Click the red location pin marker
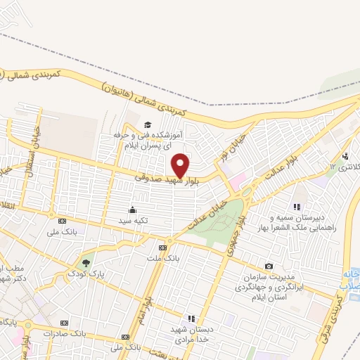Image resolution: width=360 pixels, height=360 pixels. click(181, 165)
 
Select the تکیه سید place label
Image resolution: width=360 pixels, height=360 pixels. click(132, 220)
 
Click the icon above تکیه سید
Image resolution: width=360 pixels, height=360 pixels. click(132, 210)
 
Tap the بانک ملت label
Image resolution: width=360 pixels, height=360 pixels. click(163, 258)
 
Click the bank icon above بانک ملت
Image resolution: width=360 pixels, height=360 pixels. click(163, 247)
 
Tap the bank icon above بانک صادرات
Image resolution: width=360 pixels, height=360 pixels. click(64, 323)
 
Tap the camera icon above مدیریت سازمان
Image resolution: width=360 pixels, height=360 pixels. click(269, 266)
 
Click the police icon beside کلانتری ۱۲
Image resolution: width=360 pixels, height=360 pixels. click(345, 156)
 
